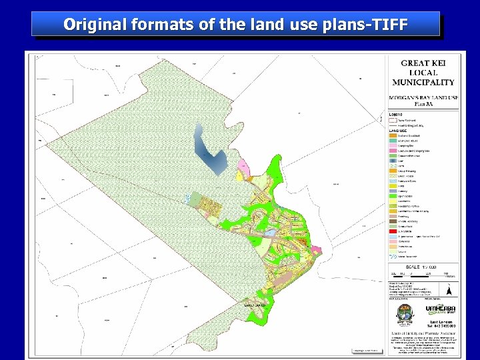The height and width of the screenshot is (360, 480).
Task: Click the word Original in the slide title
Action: coord(90,24)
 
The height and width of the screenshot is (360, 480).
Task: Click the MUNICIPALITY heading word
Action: coord(423,82)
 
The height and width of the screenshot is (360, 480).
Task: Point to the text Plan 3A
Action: coord(423,104)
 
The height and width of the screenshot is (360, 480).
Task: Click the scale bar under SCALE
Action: coord(423,273)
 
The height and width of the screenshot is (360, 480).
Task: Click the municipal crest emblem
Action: coord(402,313)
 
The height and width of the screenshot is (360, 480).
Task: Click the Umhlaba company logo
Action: coord(440,310)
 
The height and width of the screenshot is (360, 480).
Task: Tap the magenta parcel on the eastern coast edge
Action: coord(315,248)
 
